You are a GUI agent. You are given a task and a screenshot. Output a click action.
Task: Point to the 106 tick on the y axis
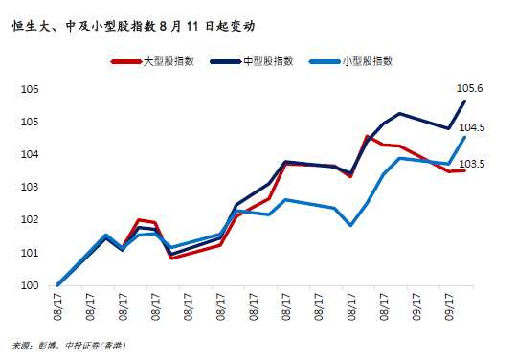pyautogui.click(x=28, y=89)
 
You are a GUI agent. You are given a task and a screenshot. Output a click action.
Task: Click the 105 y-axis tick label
pyautogui.click(x=28, y=122)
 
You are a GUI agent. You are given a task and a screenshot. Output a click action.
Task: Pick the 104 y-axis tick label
pyautogui.click(x=28, y=154)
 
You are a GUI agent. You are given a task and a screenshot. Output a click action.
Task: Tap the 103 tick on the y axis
pyautogui.click(x=28, y=187)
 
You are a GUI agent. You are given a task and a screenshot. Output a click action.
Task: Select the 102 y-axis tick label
pyautogui.click(x=28, y=219)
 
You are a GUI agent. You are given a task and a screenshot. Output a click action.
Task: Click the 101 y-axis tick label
pyautogui.click(x=28, y=253)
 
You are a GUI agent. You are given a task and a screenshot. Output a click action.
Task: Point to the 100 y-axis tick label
pyautogui.click(x=28, y=285)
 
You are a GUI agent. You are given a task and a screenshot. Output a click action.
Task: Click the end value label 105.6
pyautogui.click(x=472, y=89)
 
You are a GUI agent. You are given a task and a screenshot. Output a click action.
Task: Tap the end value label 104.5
pyautogui.click(x=472, y=127)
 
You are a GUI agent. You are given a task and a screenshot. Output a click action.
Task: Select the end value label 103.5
pyautogui.click(x=472, y=165)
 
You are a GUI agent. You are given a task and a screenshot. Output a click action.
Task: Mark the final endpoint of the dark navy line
pyautogui.click(x=464, y=101)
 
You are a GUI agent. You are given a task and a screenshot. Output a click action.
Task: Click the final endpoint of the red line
pyautogui.click(x=464, y=170)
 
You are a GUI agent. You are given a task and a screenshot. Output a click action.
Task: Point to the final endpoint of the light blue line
pyautogui.click(x=464, y=137)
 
